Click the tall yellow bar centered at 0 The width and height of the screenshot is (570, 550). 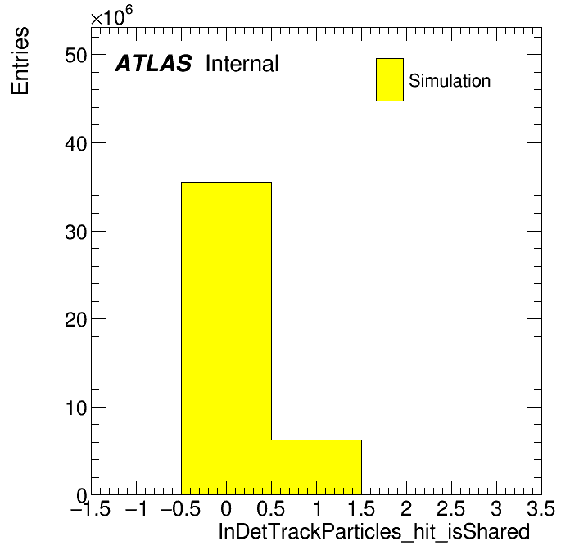click(x=226, y=338)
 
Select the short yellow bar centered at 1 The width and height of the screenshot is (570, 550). click(x=316, y=467)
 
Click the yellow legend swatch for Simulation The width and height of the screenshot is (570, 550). click(x=390, y=79)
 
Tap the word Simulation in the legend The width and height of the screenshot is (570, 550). click(x=450, y=81)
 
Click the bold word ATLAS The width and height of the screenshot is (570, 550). click(x=153, y=63)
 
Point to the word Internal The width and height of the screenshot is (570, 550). click(x=242, y=64)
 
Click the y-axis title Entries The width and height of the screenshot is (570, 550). click(x=20, y=61)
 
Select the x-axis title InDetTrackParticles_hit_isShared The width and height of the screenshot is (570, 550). click(x=374, y=532)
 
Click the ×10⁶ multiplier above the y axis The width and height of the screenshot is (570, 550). click(x=111, y=16)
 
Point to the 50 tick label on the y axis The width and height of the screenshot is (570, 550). click(x=76, y=56)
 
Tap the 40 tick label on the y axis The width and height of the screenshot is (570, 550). click(x=76, y=144)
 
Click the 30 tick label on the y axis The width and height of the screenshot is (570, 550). click(x=76, y=232)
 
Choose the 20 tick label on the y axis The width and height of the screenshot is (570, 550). click(x=76, y=320)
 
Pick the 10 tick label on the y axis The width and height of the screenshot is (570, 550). click(x=76, y=408)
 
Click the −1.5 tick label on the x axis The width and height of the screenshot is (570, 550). click(x=91, y=508)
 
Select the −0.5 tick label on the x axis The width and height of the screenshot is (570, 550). click(x=181, y=508)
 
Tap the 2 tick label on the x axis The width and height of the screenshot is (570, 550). click(x=406, y=508)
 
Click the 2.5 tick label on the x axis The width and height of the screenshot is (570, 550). click(x=450, y=508)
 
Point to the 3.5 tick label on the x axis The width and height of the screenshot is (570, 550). click(x=541, y=508)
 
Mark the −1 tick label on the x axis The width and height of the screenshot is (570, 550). click(x=136, y=508)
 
